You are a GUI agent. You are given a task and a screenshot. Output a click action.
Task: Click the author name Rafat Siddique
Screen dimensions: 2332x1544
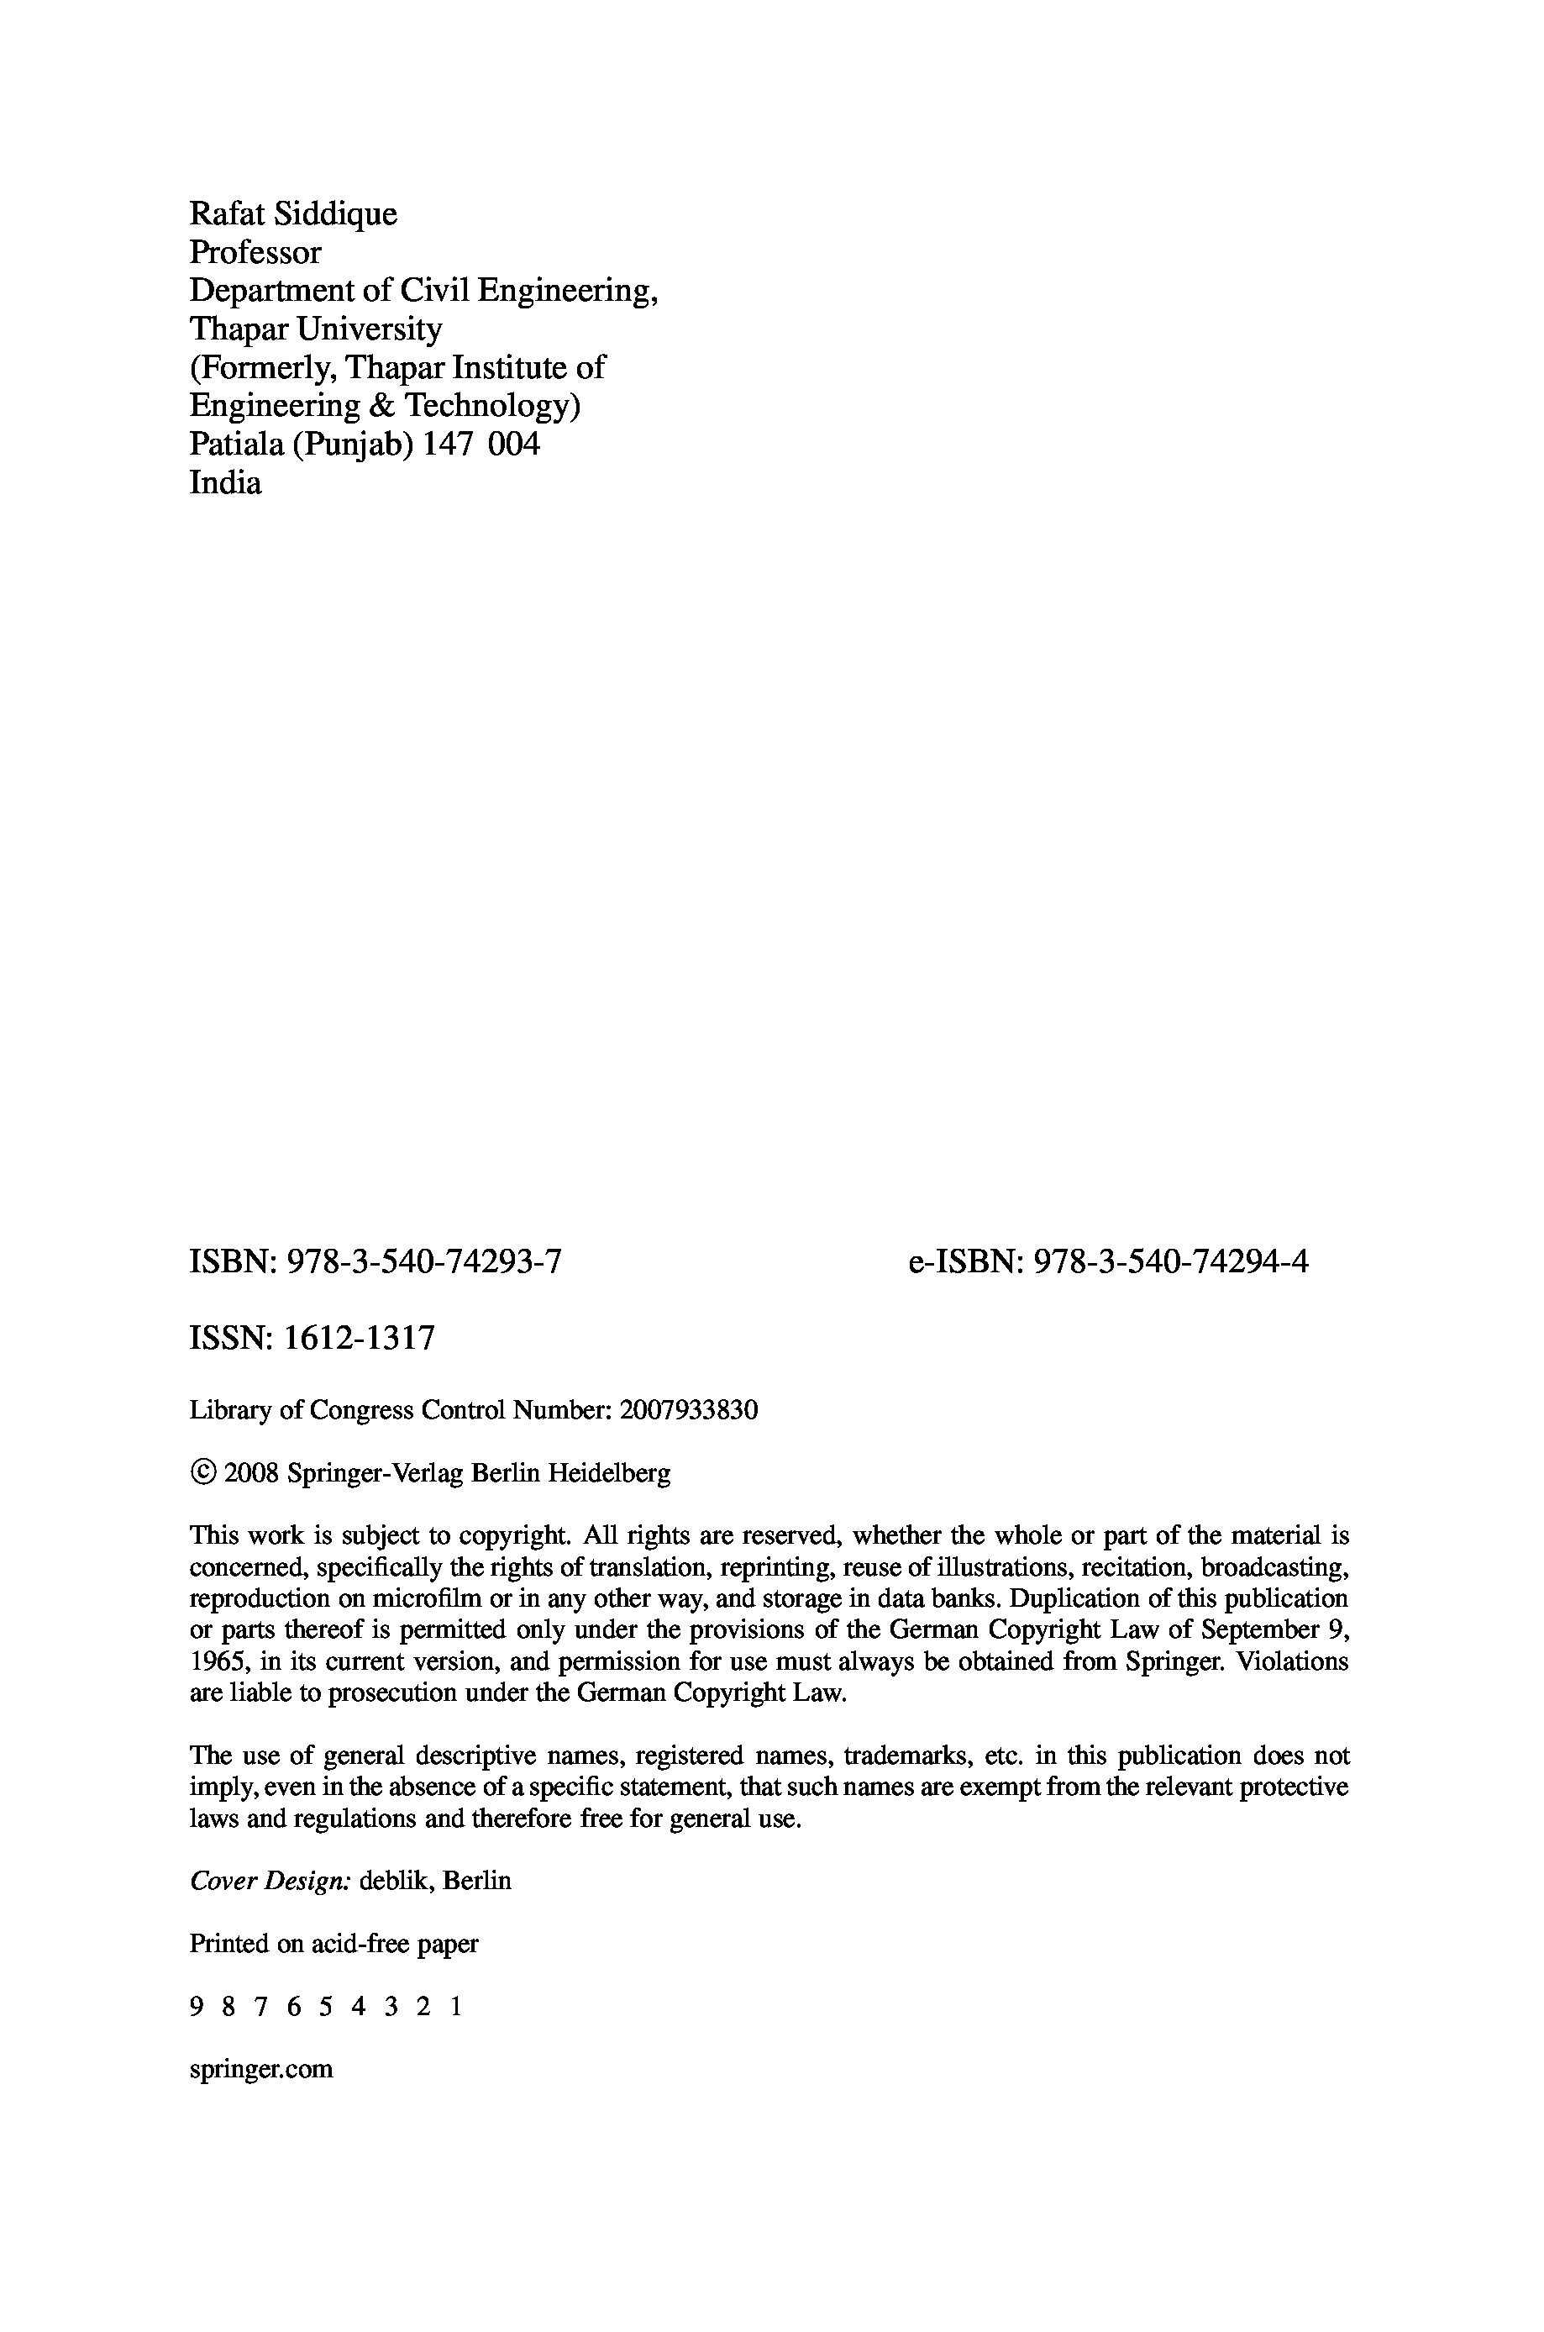[x=292, y=213]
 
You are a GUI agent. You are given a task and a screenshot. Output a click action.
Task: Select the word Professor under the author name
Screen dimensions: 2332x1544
[x=255, y=252]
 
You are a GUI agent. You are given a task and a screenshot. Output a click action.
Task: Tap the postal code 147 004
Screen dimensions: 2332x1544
[x=481, y=445]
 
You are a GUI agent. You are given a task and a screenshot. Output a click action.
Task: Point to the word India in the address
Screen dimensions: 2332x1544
[x=224, y=482]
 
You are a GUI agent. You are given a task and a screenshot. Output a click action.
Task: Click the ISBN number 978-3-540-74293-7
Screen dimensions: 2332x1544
[x=423, y=1261]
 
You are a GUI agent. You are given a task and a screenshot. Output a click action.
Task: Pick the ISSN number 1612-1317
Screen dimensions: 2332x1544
[x=359, y=1339]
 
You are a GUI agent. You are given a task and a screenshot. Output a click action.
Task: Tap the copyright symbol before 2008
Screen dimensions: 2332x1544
[x=202, y=1473]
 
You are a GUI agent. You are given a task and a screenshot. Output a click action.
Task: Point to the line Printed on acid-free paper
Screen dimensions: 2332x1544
[x=333, y=1943]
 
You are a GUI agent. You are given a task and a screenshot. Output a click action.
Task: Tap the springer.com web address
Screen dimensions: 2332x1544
[x=261, y=2069]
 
